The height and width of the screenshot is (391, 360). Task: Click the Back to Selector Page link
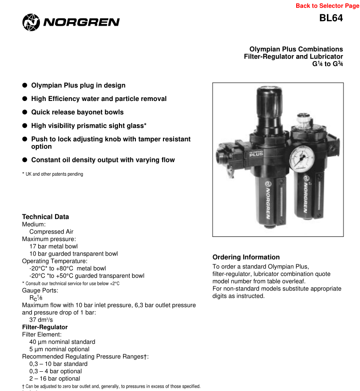point(327,6)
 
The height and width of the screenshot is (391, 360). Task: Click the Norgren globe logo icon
point(31,22)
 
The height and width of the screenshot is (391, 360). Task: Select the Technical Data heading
point(45,217)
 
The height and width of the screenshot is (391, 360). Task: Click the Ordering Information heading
point(246,257)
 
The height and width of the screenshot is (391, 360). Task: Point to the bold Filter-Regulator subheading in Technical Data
point(45,327)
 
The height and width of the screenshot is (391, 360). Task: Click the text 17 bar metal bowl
point(53,246)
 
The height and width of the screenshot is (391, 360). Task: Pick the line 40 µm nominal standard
point(62,342)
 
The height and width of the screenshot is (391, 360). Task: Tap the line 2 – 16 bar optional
point(55,379)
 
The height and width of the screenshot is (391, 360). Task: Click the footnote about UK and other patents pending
point(52,174)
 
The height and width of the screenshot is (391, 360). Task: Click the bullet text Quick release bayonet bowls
point(77,112)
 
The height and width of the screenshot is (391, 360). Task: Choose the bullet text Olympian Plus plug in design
point(78,85)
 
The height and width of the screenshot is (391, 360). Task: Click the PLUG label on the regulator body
point(256,154)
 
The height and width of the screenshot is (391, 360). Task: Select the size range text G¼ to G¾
point(327,64)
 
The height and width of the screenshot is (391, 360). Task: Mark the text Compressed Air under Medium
point(51,232)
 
